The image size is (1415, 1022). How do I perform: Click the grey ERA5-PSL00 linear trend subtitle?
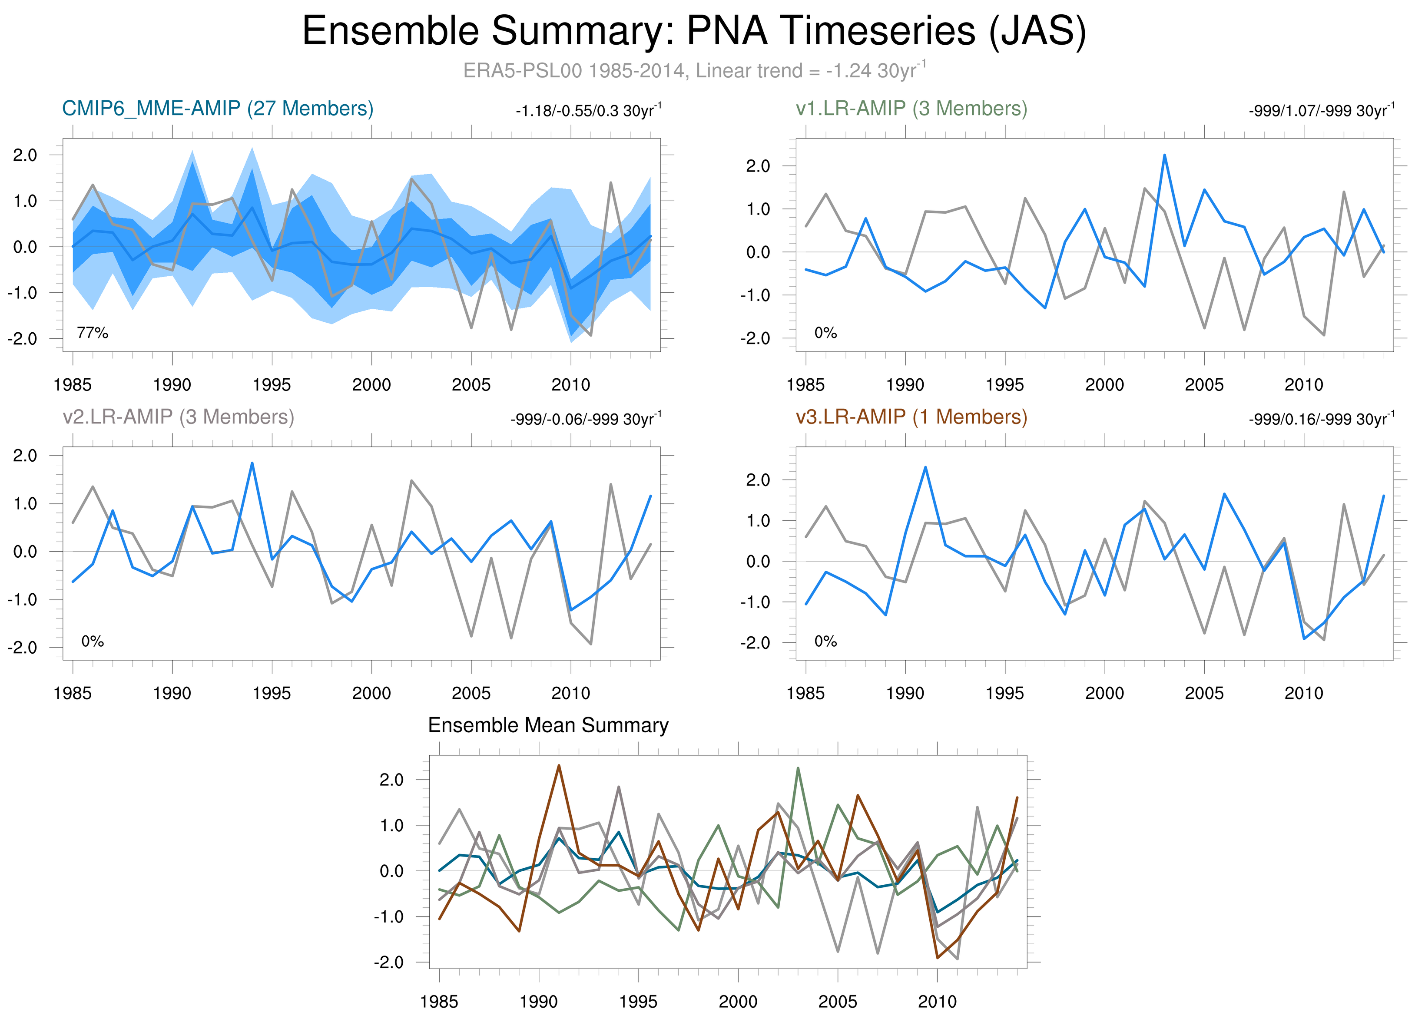(x=694, y=70)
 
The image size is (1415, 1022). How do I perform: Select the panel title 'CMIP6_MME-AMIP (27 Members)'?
(x=218, y=109)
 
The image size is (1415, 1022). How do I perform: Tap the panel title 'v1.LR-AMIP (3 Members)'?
(x=911, y=109)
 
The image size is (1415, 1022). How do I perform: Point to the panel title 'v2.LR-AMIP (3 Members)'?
(x=179, y=417)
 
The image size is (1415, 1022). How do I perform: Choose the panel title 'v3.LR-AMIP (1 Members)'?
(x=911, y=417)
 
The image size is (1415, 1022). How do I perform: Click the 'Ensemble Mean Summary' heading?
(x=548, y=725)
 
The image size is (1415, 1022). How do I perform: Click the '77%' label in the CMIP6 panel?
(x=93, y=333)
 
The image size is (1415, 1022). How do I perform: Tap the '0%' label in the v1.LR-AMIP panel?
(x=825, y=333)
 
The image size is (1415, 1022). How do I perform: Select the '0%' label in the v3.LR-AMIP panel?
(x=825, y=642)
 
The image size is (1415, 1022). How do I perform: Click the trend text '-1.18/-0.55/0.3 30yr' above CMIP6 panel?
(x=588, y=111)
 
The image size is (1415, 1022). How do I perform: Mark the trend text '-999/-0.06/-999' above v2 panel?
(x=585, y=419)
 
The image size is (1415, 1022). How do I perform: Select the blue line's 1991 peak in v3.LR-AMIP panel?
(x=925, y=467)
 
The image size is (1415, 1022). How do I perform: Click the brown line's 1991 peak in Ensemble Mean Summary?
(x=558, y=766)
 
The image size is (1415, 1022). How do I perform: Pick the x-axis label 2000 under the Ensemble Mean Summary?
(x=738, y=1002)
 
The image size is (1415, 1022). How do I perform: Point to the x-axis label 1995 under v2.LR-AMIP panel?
(x=272, y=693)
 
